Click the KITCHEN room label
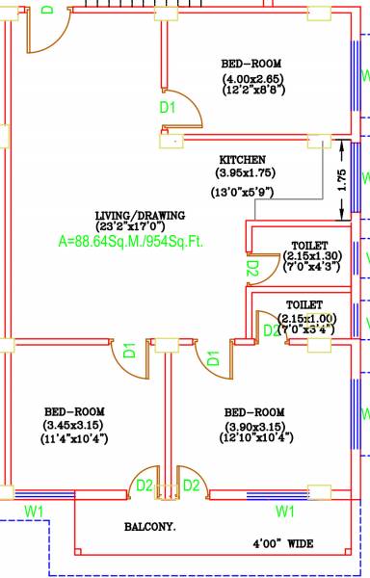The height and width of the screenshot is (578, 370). click(242, 160)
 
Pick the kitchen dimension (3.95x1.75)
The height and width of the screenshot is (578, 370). click(246, 173)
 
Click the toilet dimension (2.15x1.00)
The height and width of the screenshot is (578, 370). click(307, 318)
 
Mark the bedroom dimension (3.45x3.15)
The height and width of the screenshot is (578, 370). click(73, 425)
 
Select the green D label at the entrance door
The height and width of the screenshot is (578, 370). click(49, 9)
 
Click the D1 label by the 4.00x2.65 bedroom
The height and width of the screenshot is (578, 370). click(168, 108)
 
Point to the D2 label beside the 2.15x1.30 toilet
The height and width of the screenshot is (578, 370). click(252, 270)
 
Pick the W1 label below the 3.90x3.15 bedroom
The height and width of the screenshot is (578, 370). click(284, 510)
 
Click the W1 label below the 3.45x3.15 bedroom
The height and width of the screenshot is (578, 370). click(34, 510)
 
